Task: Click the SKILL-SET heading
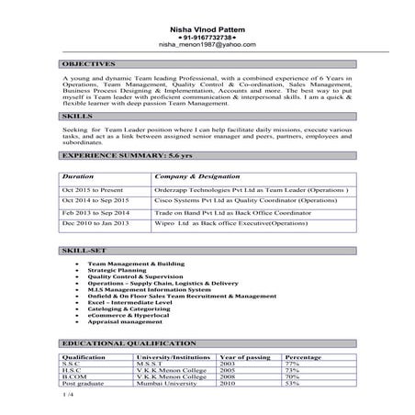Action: pyautogui.click(x=83, y=250)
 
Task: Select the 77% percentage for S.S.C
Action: pyautogui.click(x=294, y=363)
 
